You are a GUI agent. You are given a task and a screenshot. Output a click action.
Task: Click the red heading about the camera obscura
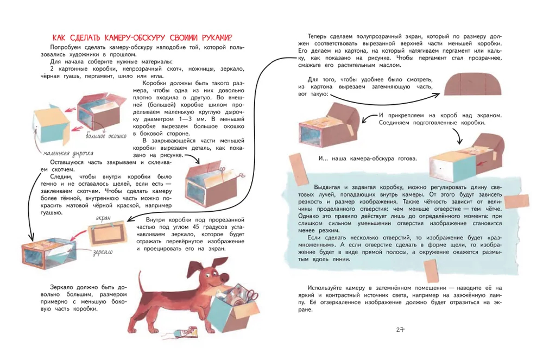(x=142, y=37)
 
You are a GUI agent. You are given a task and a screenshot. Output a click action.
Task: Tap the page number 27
(x=400, y=330)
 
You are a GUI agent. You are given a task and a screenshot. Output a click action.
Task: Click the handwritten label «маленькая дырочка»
(x=68, y=153)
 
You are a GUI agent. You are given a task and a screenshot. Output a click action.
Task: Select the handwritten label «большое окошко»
(x=106, y=136)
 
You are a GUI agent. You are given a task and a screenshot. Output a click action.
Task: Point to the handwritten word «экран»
(x=103, y=218)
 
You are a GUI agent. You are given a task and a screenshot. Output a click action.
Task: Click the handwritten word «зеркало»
(x=103, y=252)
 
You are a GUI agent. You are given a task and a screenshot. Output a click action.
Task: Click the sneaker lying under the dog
(x=186, y=332)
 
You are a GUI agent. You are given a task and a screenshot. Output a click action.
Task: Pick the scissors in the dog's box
(x=251, y=295)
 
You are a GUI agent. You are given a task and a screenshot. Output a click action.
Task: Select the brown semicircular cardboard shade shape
(x=473, y=84)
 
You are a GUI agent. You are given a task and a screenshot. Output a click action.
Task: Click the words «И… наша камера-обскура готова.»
(x=368, y=159)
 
